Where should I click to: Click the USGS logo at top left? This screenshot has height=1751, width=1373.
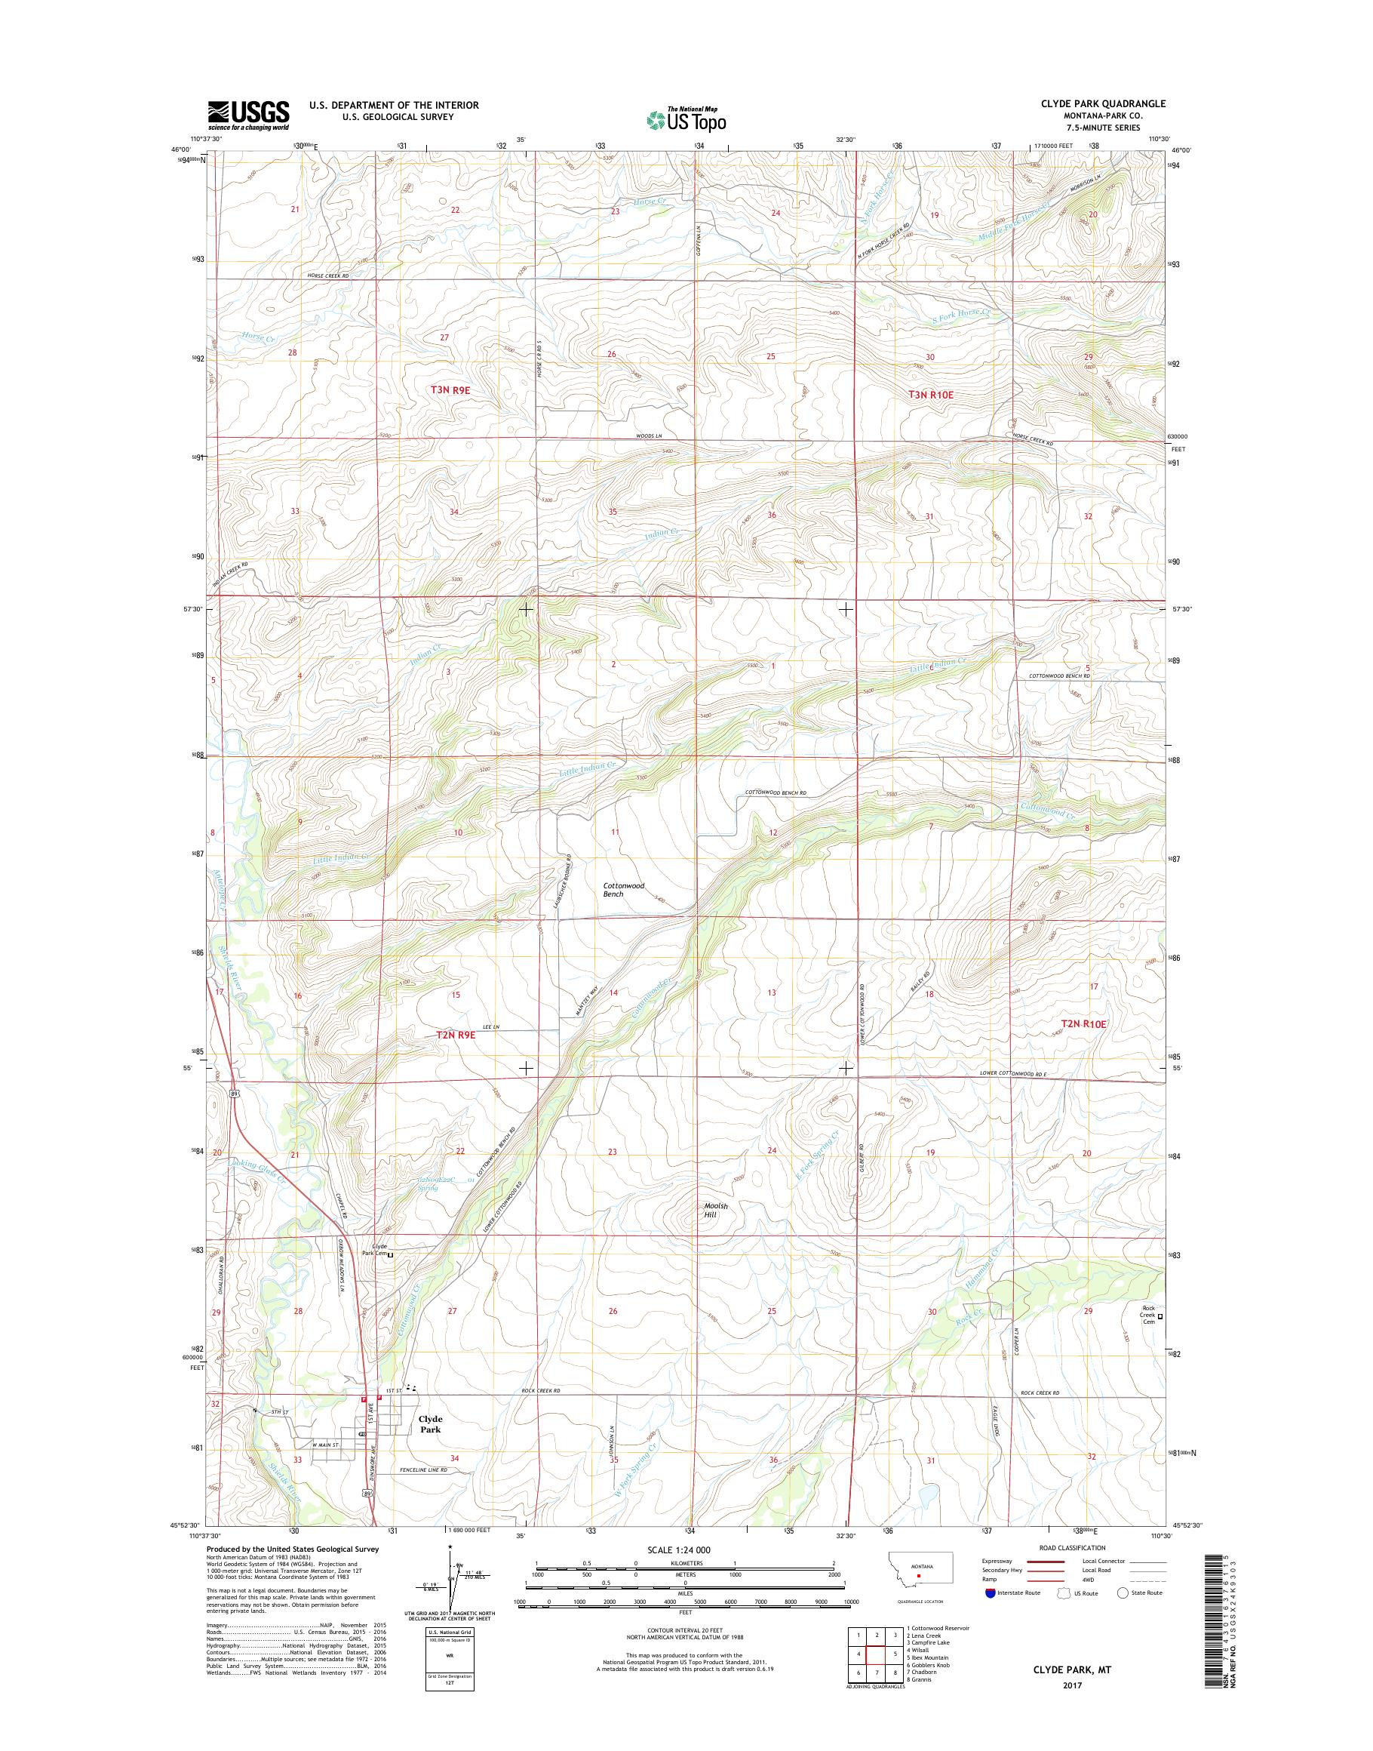pos(248,115)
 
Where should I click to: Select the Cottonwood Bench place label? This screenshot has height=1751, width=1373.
pos(624,890)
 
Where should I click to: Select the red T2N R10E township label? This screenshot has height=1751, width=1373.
pos(1083,1024)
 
